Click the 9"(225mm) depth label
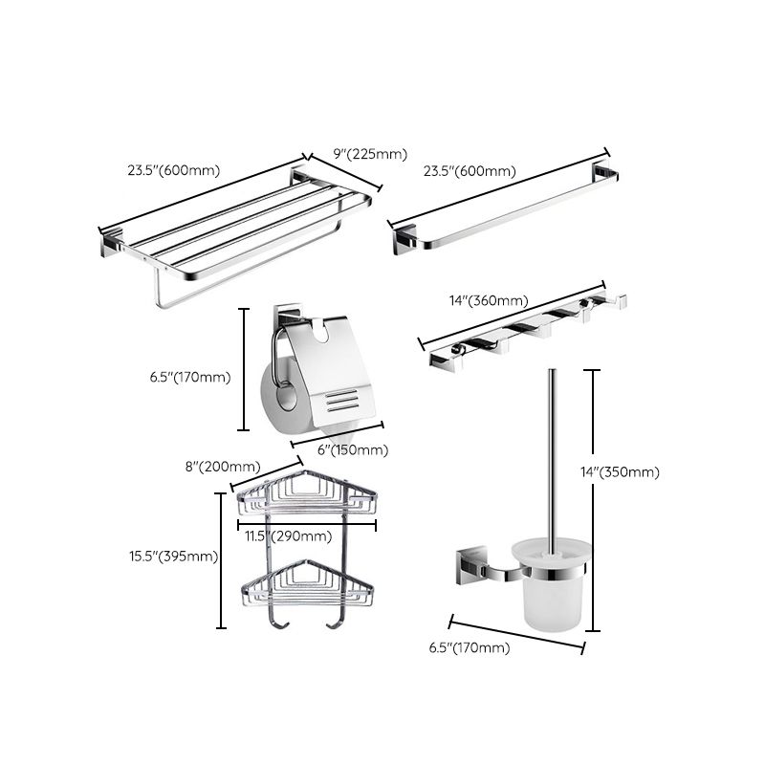click(370, 153)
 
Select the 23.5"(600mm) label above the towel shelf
click(173, 171)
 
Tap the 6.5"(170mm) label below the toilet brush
click(470, 647)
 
